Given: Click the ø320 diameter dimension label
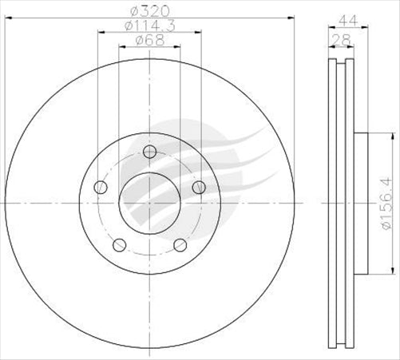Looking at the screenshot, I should [x=149, y=10].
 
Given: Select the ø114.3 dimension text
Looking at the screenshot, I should [x=149, y=28].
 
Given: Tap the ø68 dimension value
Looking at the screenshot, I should [x=149, y=42].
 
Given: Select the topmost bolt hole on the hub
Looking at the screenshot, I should [x=149, y=153].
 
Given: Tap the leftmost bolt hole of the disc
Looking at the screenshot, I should [x=101, y=188].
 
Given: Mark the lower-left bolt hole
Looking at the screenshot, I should [x=119, y=244].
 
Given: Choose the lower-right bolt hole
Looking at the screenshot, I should [x=180, y=244].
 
